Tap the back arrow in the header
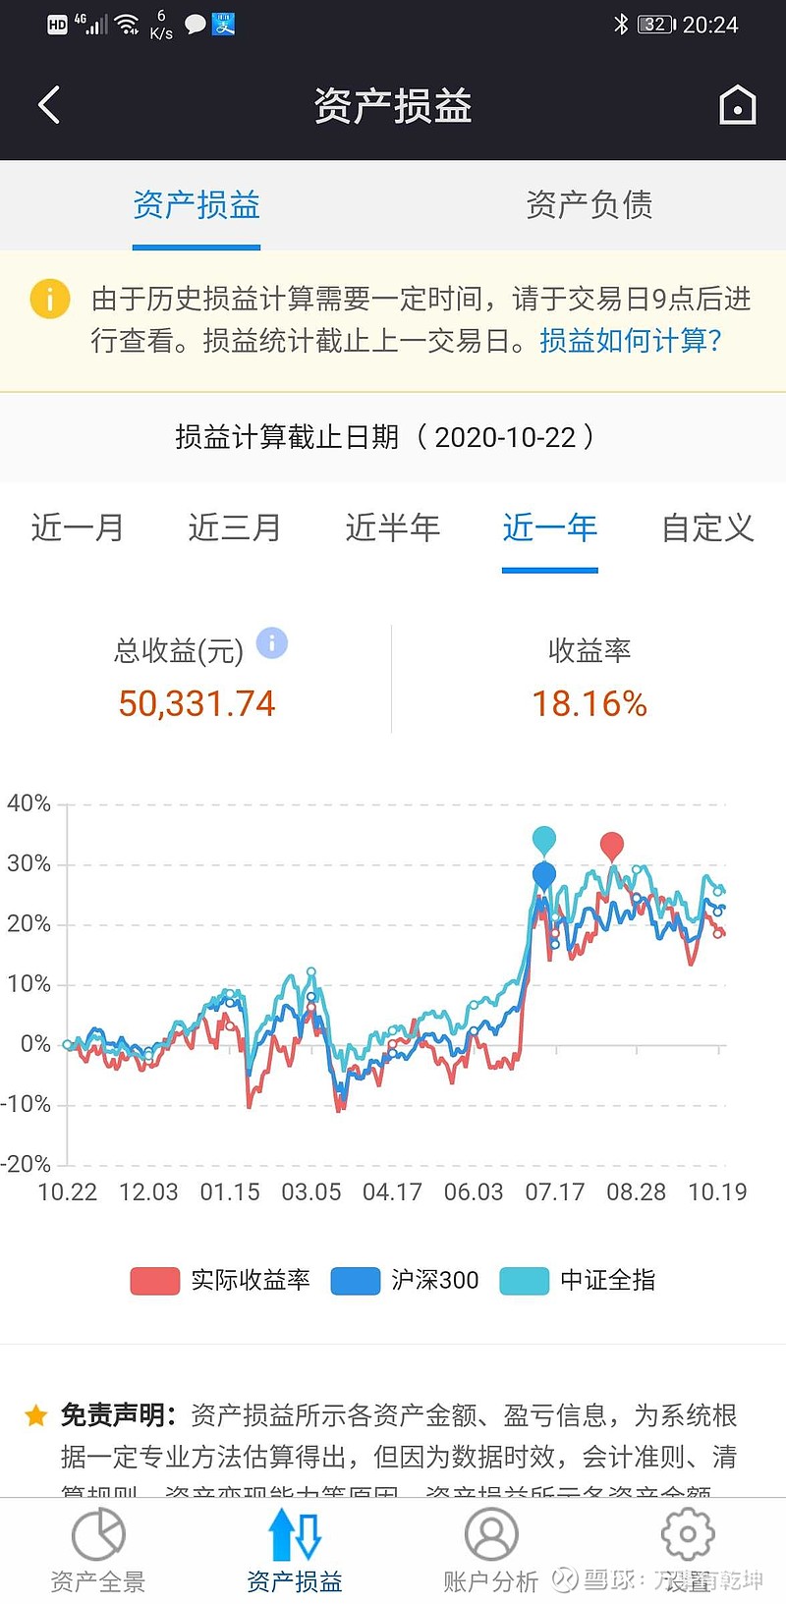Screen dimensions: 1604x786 point(49,105)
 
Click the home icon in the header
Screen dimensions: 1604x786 point(737,105)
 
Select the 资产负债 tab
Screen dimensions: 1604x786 point(589,205)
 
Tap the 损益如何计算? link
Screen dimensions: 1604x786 point(631,341)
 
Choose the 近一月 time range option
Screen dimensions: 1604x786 point(78,528)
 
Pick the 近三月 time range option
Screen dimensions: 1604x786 point(235,528)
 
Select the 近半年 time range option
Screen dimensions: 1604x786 point(392,528)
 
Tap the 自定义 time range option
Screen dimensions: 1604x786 point(707,528)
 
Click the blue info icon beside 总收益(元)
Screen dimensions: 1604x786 point(272,643)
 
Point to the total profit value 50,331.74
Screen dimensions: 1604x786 point(196,703)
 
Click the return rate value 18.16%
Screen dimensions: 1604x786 point(589,703)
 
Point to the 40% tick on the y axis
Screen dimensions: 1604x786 point(28,803)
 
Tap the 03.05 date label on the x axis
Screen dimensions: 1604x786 point(310,1192)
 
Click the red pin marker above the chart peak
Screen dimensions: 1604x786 point(612,846)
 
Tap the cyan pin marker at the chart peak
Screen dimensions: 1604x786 point(544,840)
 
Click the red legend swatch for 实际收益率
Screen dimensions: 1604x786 point(155,1281)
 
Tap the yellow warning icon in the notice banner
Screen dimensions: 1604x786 point(50,299)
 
